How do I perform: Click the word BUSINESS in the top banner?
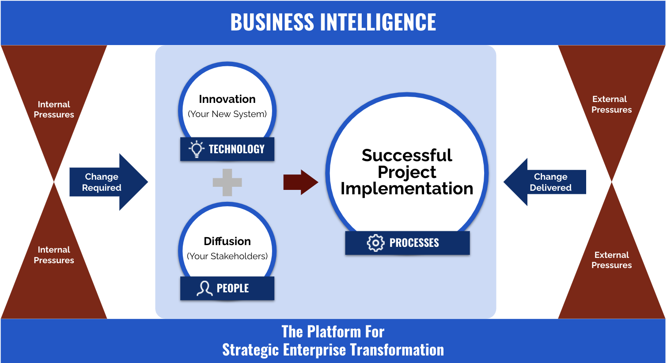(272, 22)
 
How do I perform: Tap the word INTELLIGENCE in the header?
(378, 22)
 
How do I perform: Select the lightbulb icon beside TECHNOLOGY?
(197, 149)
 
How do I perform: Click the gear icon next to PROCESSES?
(375, 243)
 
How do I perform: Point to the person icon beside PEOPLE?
(205, 288)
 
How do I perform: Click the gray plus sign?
(227, 182)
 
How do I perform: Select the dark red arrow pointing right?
(301, 182)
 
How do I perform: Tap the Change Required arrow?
(109, 182)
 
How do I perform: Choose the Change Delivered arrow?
(545, 182)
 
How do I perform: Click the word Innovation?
(227, 99)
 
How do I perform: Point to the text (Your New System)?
(227, 114)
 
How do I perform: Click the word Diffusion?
(227, 241)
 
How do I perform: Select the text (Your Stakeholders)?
(227, 256)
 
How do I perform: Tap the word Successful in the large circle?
(407, 155)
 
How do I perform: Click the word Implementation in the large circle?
(407, 189)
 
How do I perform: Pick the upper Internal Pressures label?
(54, 110)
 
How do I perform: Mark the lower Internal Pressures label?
(54, 255)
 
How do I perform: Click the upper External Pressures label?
(611, 105)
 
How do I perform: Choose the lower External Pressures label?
(611, 260)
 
